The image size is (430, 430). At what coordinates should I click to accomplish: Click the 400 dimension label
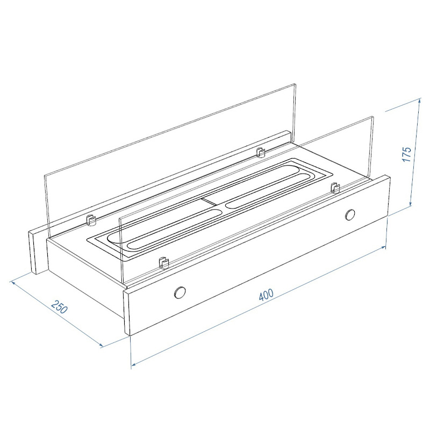(x=266, y=295)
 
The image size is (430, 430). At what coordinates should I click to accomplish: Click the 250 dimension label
(x=60, y=307)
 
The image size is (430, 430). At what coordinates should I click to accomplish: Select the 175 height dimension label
(x=407, y=154)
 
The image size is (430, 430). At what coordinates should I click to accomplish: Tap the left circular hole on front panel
(x=180, y=292)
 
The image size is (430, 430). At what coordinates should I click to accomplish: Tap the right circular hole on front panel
(x=350, y=214)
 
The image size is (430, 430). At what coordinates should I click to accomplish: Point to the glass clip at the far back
(x=260, y=152)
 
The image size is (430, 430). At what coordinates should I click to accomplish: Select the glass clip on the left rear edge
(x=91, y=220)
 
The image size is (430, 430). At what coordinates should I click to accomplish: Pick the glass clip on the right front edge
(x=335, y=187)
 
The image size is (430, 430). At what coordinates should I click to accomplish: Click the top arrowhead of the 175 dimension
(x=419, y=101)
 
